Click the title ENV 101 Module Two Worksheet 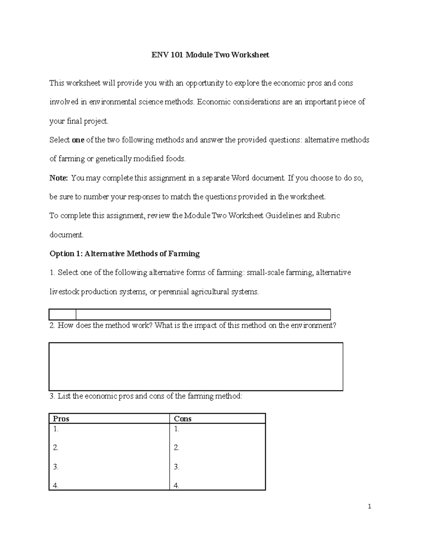(210, 55)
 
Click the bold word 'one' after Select (78, 140)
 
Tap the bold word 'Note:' (58, 178)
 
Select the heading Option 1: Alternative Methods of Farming (125, 254)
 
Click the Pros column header (61, 419)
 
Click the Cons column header (182, 419)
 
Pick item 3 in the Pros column (55, 467)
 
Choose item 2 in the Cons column (176, 448)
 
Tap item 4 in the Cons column (176, 486)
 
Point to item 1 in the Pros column (55, 429)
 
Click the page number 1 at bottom (369, 506)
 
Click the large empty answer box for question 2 (196, 366)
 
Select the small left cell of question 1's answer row (63, 314)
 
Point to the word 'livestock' (64, 292)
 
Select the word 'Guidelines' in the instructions (283, 216)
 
